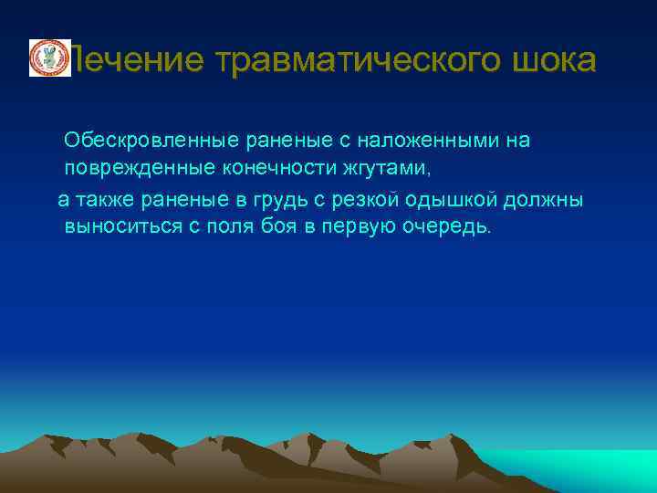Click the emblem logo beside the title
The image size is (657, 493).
49,58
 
